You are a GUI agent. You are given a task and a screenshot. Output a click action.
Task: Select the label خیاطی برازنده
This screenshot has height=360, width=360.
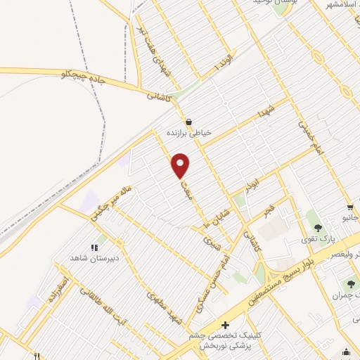[x=188, y=132]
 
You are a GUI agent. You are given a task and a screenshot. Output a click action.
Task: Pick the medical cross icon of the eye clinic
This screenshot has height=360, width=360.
[x=224, y=325]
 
